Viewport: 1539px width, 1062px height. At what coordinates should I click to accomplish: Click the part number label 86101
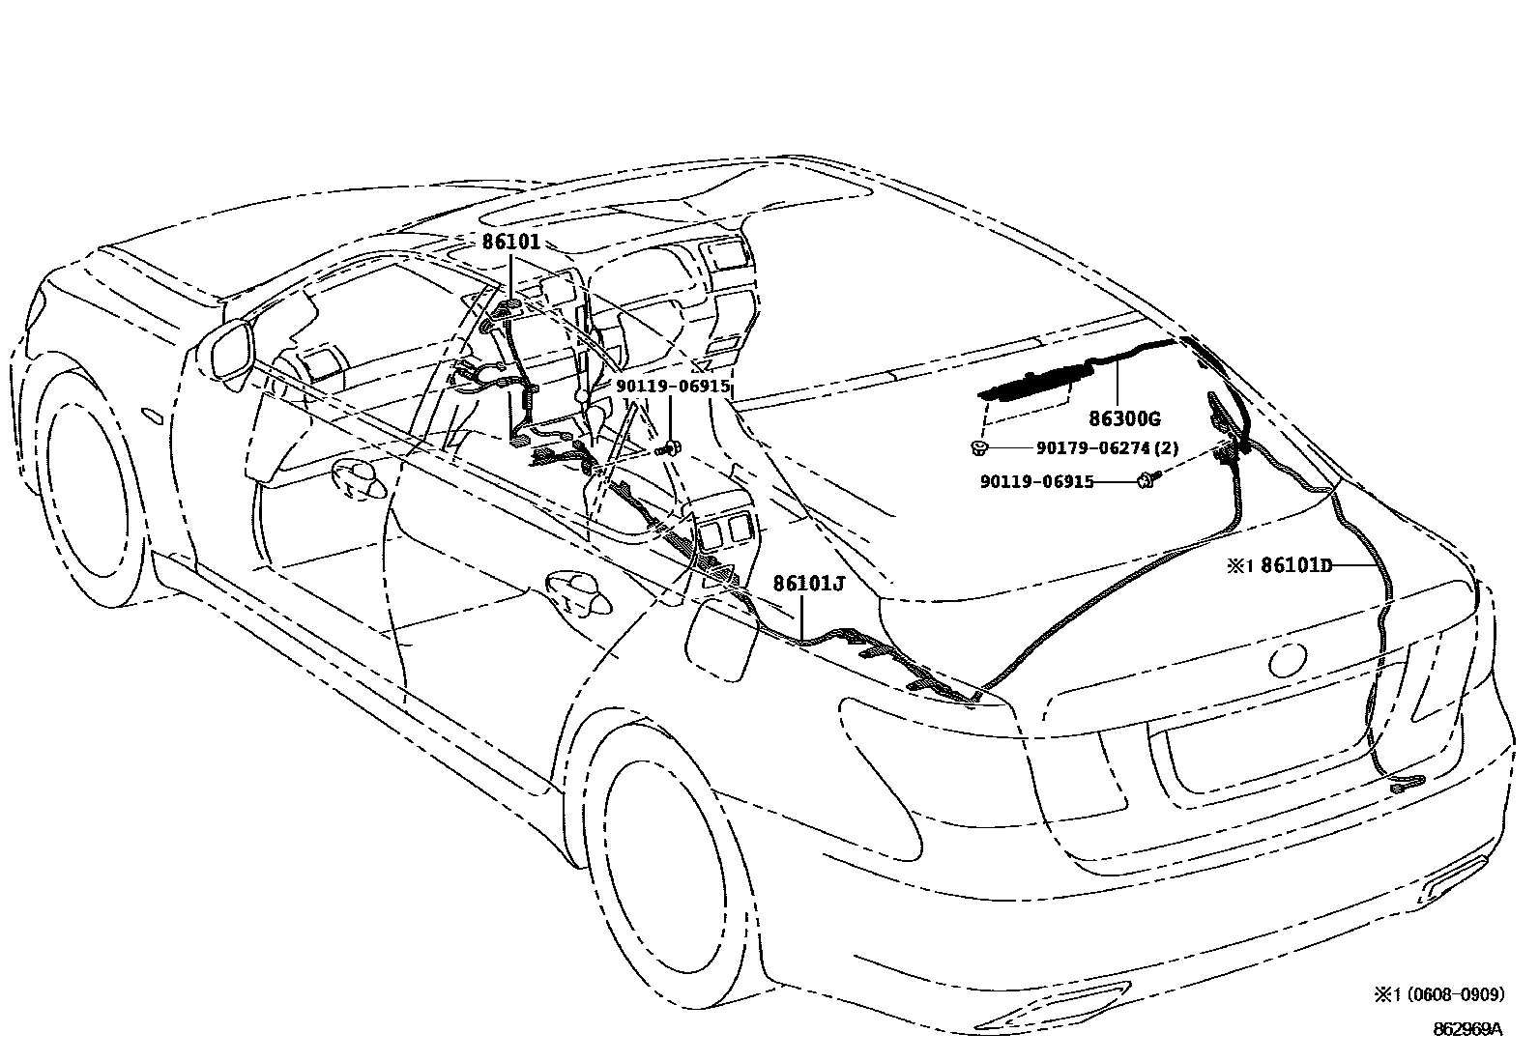tap(510, 242)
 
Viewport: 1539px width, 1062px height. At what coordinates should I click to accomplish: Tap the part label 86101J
tap(809, 584)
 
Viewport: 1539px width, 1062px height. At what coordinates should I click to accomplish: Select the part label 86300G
tap(1124, 418)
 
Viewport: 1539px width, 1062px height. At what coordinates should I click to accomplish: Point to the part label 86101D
tap(1296, 565)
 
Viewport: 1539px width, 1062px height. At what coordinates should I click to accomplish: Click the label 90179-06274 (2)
tap(1107, 447)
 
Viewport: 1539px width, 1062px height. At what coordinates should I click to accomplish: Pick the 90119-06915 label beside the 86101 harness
tap(673, 387)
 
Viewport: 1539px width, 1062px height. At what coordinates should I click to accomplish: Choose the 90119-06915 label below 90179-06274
tap(1036, 481)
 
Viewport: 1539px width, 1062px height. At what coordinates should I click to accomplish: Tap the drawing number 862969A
tap(1467, 1029)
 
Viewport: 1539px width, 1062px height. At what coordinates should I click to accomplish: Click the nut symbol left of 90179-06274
tap(979, 448)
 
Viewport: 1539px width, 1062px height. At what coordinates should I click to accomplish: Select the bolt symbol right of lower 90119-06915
tap(1148, 480)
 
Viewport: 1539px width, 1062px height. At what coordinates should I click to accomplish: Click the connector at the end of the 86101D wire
tap(1408, 784)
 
